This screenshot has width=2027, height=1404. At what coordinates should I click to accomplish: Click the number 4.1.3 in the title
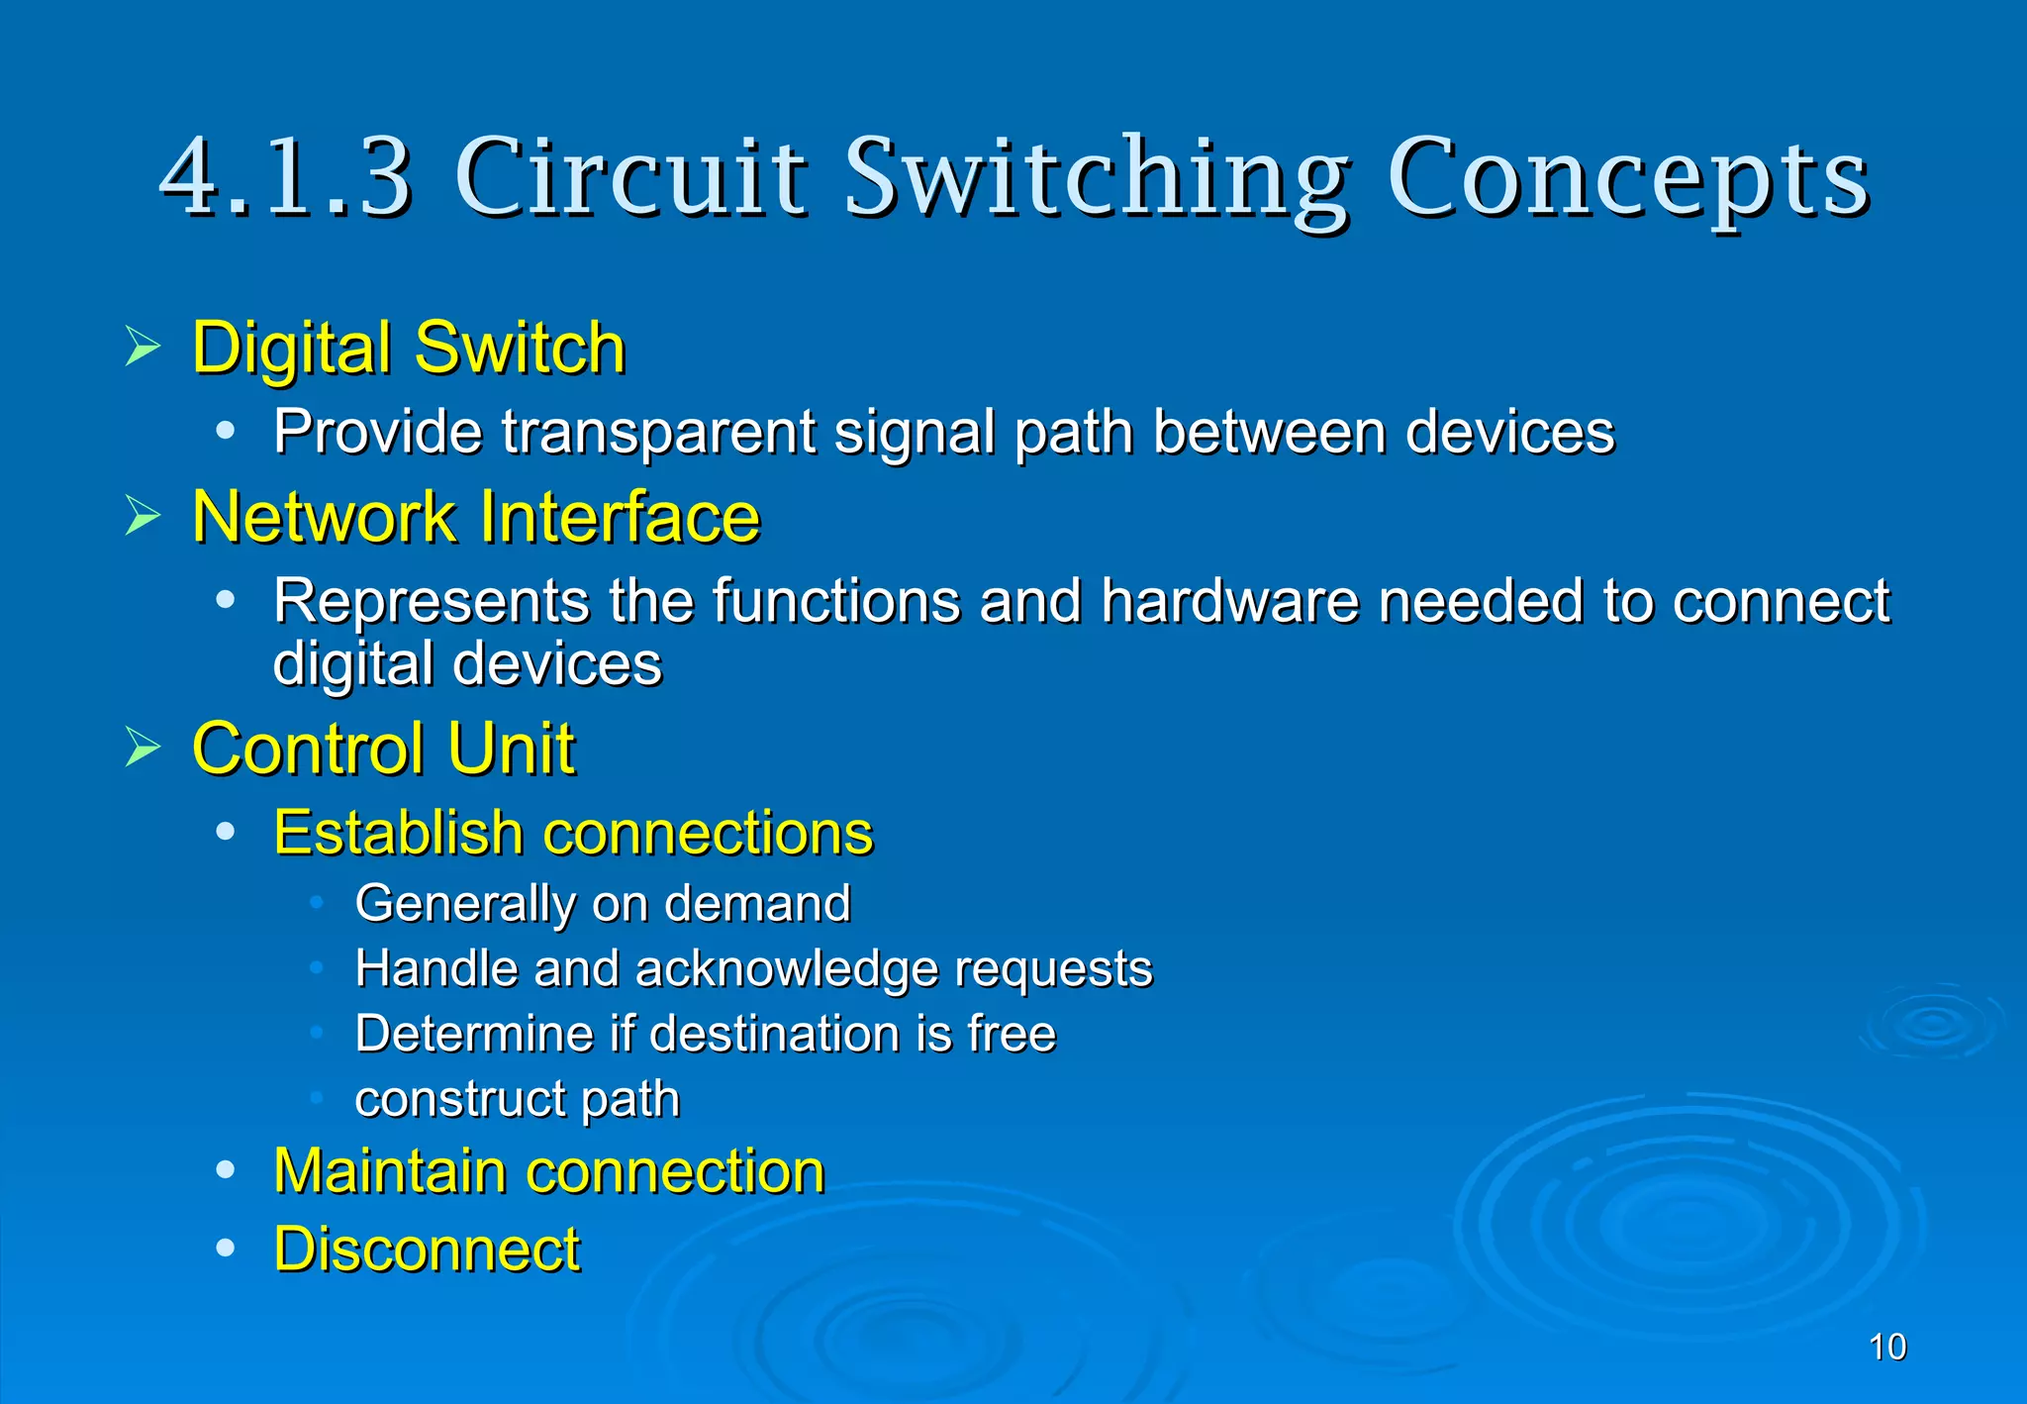pyautogui.click(x=285, y=178)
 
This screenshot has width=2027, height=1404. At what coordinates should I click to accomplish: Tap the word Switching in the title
pyautogui.click(x=1096, y=178)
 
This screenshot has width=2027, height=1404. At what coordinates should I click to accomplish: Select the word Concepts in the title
pyautogui.click(x=1628, y=178)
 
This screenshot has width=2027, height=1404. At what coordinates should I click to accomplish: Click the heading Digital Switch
pyautogui.click(x=409, y=349)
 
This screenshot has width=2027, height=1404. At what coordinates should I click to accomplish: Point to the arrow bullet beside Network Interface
pyautogui.click(x=143, y=516)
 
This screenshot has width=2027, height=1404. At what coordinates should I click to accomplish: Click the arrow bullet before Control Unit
pyautogui.click(x=143, y=748)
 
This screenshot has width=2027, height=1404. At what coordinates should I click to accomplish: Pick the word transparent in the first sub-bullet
pyautogui.click(x=658, y=433)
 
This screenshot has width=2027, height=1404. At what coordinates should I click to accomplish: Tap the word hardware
pyautogui.click(x=1230, y=601)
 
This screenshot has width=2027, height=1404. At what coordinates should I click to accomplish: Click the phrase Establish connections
pyautogui.click(x=573, y=833)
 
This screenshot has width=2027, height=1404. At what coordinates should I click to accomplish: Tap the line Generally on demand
pyautogui.click(x=603, y=904)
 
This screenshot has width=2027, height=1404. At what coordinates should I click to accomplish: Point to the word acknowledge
pyautogui.click(x=786, y=968)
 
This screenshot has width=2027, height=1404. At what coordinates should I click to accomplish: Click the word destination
pyautogui.click(x=774, y=1034)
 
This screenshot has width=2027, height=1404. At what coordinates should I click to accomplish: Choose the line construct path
pyautogui.click(x=518, y=1099)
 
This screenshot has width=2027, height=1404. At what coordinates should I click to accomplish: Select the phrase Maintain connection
pyautogui.click(x=549, y=1171)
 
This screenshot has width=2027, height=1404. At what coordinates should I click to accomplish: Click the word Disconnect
pyautogui.click(x=427, y=1250)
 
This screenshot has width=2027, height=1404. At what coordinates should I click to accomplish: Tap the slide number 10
pyautogui.click(x=1887, y=1348)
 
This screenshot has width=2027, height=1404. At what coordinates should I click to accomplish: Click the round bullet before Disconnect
pyautogui.click(x=226, y=1249)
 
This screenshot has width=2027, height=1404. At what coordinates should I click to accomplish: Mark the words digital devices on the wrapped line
pyautogui.click(x=467, y=664)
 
